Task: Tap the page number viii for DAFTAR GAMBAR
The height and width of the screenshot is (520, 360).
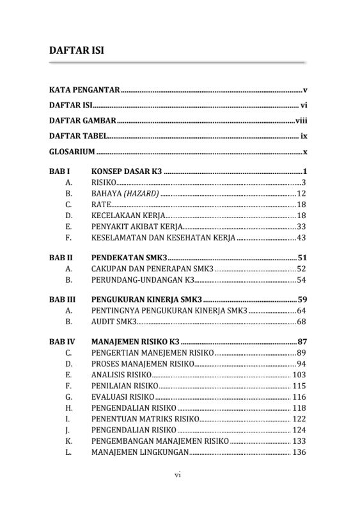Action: click(301, 121)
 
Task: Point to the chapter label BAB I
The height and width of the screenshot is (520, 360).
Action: click(59, 171)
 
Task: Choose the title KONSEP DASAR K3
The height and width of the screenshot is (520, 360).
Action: click(127, 171)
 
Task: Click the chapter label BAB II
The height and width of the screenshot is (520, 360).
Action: click(61, 257)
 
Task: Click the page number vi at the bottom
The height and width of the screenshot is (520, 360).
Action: click(179, 476)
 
